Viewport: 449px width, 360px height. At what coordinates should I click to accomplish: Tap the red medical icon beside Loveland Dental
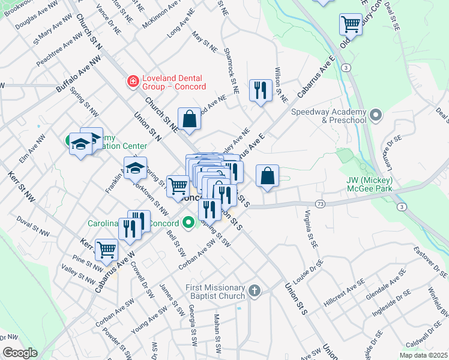tap(132, 80)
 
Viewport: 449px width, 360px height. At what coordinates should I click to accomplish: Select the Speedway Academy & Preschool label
tap(328, 116)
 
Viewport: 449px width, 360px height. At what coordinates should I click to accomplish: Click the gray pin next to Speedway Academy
tap(376, 114)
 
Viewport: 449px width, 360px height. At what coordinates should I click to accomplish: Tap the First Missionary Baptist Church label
tap(215, 292)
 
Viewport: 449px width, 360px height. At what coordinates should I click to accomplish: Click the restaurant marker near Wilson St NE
tap(260, 91)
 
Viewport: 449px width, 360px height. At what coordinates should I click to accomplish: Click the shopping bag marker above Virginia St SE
tap(267, 176)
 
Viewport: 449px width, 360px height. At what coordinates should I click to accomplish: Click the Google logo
tap(20, 352)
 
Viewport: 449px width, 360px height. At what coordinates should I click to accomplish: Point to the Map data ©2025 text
tap(423, 355)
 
